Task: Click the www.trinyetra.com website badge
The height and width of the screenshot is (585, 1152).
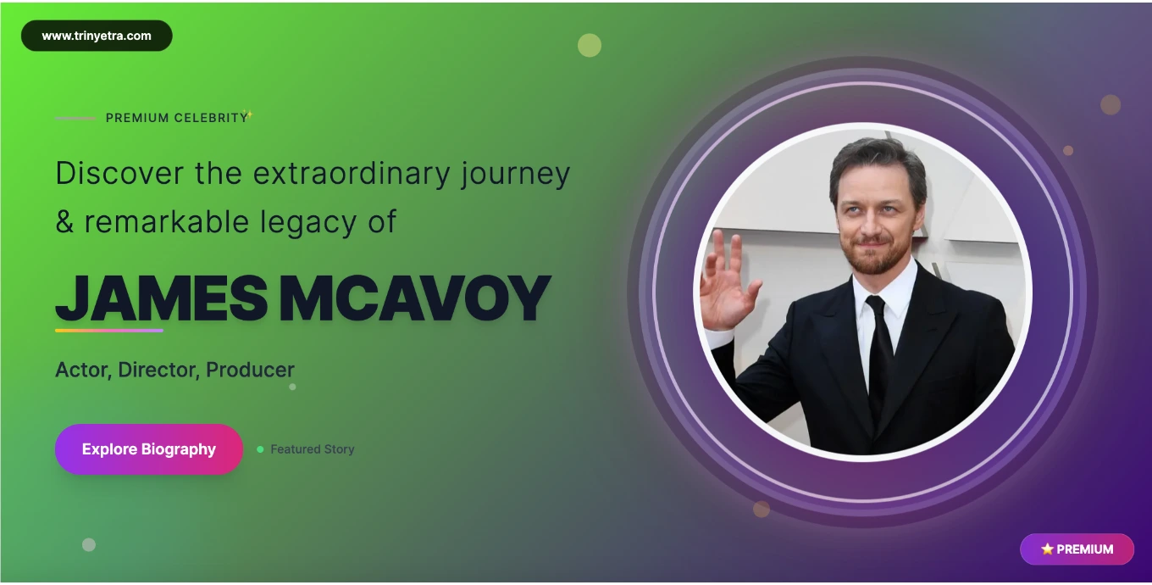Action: click(x=97, y=36)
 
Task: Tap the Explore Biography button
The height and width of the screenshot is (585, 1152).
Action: click(x=148, y=449)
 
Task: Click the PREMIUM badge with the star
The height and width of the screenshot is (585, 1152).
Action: click(x=1077, y=549)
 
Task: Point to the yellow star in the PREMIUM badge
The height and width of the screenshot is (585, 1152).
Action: click(x=1047, y=549)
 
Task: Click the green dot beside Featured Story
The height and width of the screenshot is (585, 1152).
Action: click(x=260, y=449)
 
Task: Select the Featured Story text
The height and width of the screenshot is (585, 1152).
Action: click(x=313, y=449)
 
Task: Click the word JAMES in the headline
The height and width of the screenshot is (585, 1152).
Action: click(x=161, y=298)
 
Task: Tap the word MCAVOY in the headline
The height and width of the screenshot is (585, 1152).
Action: click(x=415, y=298)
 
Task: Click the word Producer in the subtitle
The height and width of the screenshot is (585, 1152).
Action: click(x=250, y=370)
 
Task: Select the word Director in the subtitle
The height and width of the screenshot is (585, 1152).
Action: click(x=159, y=370)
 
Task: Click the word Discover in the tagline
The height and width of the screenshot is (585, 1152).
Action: click(x=119, y=173)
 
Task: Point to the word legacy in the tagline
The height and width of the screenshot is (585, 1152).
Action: click(x=307, y=222)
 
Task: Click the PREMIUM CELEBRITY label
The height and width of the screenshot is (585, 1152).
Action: click(x=177, y=118)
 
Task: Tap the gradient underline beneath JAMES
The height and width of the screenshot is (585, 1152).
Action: click(x=109, y=331)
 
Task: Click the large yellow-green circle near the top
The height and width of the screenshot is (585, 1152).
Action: click(x=590, y=45)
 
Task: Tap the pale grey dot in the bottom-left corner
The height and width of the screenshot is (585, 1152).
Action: click(x=89, y=545)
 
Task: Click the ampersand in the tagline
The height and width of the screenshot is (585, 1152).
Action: click(x=64, y=222)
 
